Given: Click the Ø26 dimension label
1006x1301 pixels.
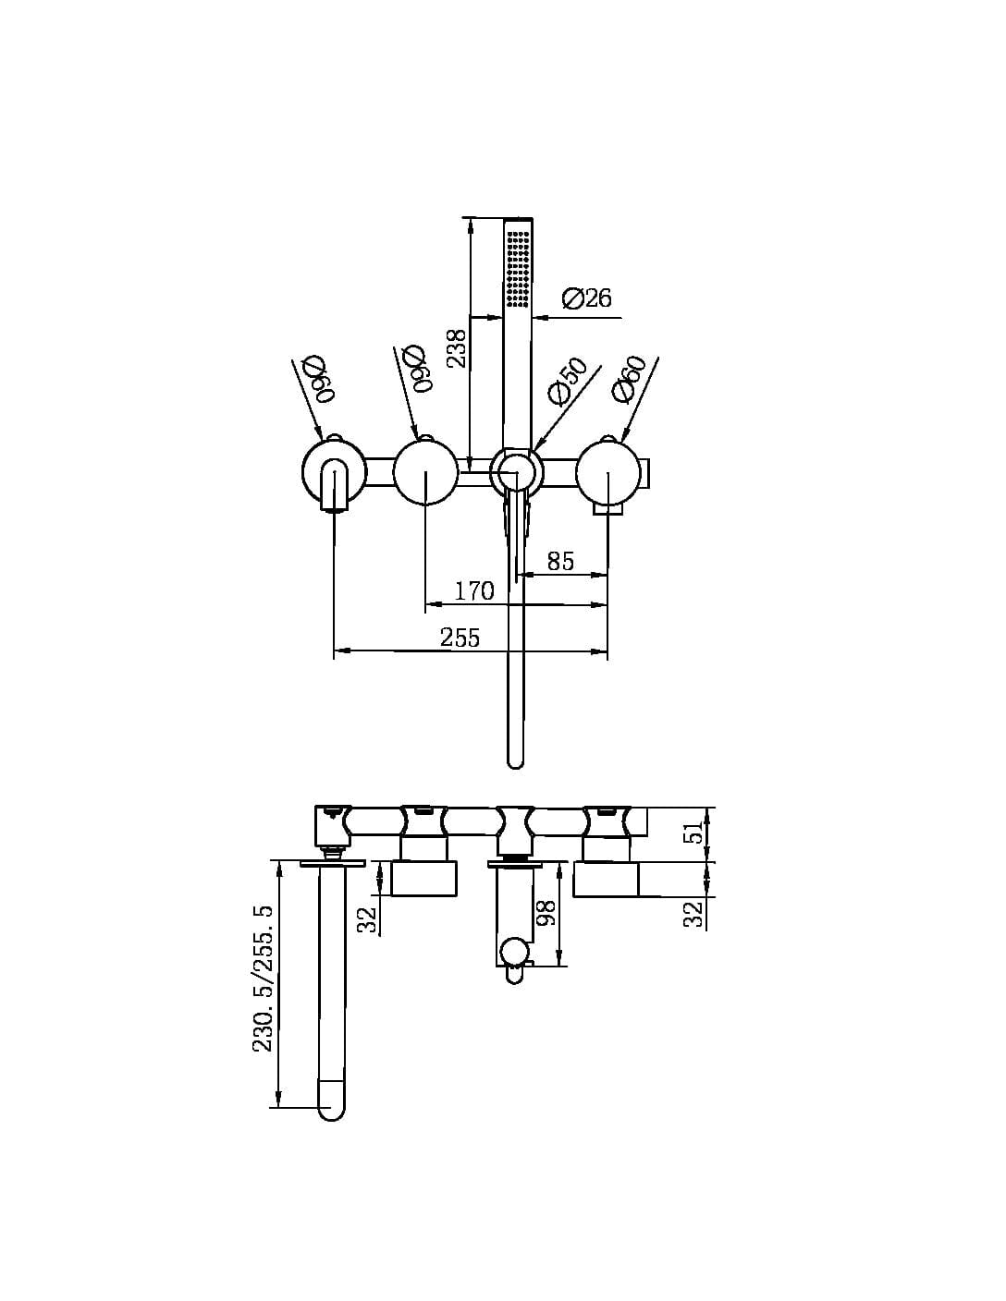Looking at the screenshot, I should point(586,298).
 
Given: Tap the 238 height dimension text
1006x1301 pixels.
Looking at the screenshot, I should point(457,348).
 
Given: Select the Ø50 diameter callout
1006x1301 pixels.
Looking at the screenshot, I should point(567,382).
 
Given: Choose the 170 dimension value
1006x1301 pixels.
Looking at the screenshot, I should point(474,590).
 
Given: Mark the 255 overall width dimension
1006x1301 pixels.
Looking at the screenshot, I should point(460,638).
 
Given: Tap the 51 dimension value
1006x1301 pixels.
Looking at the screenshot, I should point(693,834).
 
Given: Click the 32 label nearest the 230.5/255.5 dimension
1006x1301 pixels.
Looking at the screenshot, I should point(368,918).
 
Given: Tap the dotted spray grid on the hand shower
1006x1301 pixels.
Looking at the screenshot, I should point(518,268).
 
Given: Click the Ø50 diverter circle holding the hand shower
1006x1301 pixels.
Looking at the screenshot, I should point(516,472).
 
